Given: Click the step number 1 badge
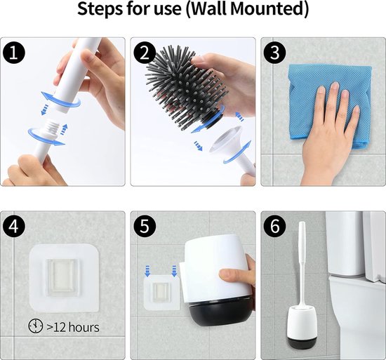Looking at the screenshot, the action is pyautogui.click(x=14, y=53).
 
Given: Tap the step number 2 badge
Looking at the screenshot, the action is pyautogui.click(x=145, y=53).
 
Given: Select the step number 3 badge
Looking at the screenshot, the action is pyautogui.click(x=275, y=53).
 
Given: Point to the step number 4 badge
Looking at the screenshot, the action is pyautogui.click(x=14, y=226).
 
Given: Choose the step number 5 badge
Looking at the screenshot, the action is pyautogui.click(x=145, y=226).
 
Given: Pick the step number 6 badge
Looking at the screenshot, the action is pyautogui.click(x=275, y=226).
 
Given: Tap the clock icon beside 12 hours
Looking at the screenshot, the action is pyautogui.click(x=36, y=326).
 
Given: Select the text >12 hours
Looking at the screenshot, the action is pyautogui.click(x=73, y=327).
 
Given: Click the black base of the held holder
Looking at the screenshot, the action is pyautogui.click(x=220, y=312).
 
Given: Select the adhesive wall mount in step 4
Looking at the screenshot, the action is pyautogui.click(x=65, y=278).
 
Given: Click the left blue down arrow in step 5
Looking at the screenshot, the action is pyautogui.click(x=147, y=271).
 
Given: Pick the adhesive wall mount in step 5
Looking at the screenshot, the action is pyautogui.click(x=161, y=293).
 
